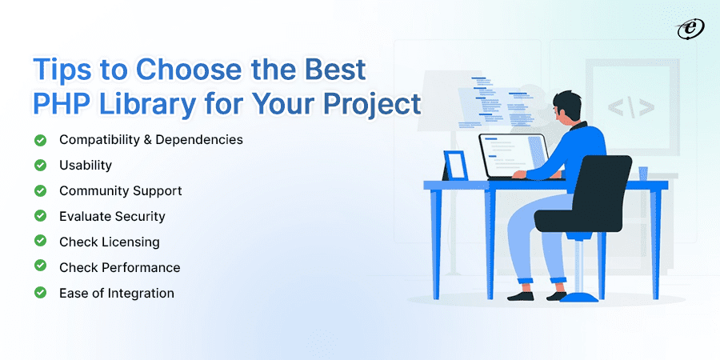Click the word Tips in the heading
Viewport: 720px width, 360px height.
coord(60,70)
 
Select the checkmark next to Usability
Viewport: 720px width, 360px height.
coord(40,166)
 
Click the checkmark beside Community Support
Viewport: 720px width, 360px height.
coord(40,191)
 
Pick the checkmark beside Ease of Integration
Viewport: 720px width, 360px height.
coord(40,293)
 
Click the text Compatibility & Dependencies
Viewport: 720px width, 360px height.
coord(151,140)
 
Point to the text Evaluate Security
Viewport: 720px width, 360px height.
coord(112,216)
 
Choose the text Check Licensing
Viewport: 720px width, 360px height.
coord(110,242)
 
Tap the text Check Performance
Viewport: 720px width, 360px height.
coord(120,267)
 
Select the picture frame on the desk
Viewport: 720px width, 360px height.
coord(455,166)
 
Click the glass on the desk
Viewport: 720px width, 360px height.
coord(642,174)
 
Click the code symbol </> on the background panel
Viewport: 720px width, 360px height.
coord(630,106)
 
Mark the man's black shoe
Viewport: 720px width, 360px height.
coord(521,294)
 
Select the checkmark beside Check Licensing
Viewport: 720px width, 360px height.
coord(40,242)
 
